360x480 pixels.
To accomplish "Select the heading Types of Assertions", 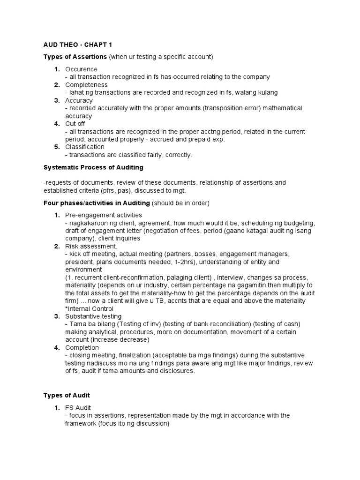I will [x=75, y=57].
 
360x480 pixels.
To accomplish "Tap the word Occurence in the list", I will [x=82, y=69].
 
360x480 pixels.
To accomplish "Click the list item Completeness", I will [x=87, y=85].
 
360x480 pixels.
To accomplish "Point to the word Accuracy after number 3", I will [x=79, y=100].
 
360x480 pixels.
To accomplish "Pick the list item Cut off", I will [x=75, y=124].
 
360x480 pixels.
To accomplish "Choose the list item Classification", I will [x=85, y=147].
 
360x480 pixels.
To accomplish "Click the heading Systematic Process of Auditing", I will [x=93, y=167].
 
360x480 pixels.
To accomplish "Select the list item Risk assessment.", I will [x=90, y=246].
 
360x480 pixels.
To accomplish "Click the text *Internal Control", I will [x=90, y=308].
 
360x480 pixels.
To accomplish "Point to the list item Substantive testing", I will [x=94, y=316].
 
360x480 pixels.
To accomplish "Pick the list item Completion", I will [x=82, y=347].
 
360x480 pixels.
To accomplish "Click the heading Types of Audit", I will [x=67, y=395].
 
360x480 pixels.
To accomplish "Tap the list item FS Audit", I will [x=79, y=408].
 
